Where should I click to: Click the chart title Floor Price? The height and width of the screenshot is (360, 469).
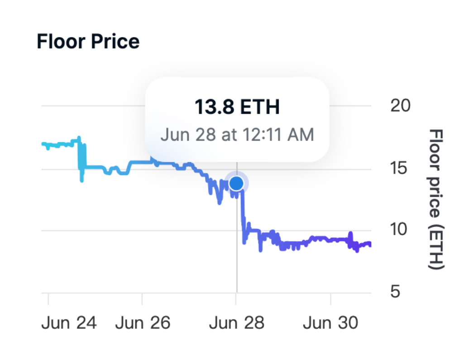[88, 42]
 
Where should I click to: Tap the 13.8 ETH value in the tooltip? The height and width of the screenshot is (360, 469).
[237, 107]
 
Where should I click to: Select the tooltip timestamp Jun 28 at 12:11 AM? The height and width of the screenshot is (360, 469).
[237, 134]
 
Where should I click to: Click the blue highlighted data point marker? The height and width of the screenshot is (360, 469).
[236, 183]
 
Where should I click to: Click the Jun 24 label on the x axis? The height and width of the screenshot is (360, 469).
[69, 323]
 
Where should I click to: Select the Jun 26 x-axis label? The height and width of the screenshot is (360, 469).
[143, 323]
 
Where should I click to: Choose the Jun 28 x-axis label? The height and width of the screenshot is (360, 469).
[236, 323]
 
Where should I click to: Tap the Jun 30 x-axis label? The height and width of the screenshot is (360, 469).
[330, 323]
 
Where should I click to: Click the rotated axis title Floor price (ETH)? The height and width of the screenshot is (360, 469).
[436, 199]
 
